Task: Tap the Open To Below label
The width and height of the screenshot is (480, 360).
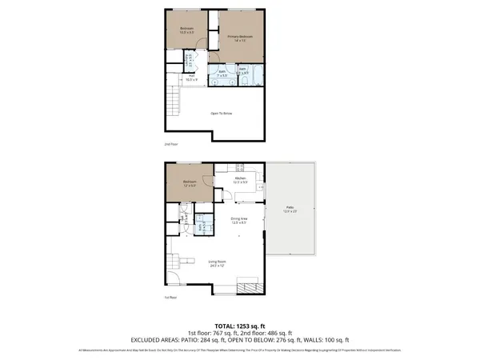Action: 222,114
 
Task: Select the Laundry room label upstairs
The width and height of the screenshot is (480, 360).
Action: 190,60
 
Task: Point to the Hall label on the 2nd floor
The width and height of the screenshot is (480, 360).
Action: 190,78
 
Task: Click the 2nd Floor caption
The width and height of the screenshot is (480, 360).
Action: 170,145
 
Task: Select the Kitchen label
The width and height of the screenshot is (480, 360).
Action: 239,179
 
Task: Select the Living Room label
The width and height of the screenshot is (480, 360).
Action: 217,262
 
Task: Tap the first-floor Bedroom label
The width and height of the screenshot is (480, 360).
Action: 190,183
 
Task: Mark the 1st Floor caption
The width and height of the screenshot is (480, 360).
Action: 170,297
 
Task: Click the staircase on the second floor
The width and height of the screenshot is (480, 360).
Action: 170,101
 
